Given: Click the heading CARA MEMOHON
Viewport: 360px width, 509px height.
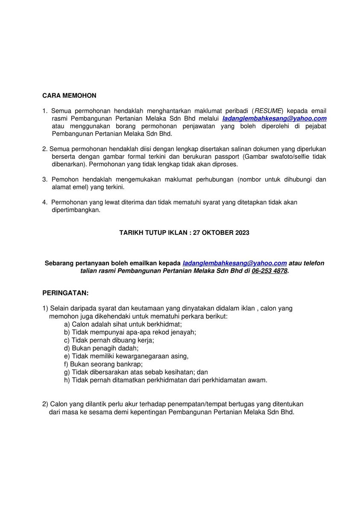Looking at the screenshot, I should click(69, 96).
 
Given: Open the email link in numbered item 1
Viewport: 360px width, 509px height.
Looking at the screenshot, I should click(275, 118).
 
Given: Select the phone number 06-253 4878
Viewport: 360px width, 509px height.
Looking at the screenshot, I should click(269, 271).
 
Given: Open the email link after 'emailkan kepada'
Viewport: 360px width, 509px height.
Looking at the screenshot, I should click(234, 263).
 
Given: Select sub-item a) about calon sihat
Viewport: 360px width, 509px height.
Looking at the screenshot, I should click(123, 324).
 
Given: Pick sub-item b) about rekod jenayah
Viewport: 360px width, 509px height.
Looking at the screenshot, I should click(130, 332).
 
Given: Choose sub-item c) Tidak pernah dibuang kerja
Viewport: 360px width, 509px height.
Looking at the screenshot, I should click(109, 340).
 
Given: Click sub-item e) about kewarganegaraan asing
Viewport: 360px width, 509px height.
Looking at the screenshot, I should click(126, 356).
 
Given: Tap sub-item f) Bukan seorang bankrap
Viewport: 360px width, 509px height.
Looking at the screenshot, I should click(103, 364).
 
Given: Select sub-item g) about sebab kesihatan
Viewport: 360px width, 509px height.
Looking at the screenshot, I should click(136, 372).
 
